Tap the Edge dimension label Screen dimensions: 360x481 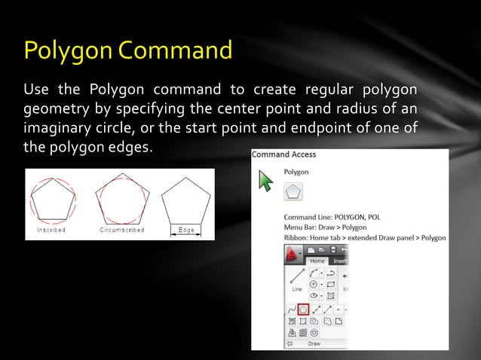[x=185, y=229]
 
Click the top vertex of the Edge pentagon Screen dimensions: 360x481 [x=185, y=178]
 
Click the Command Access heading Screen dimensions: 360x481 [x=284, y=154]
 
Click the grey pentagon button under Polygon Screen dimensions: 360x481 [x=293, y=193]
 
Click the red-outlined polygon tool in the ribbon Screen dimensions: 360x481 [x=303, y=308]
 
